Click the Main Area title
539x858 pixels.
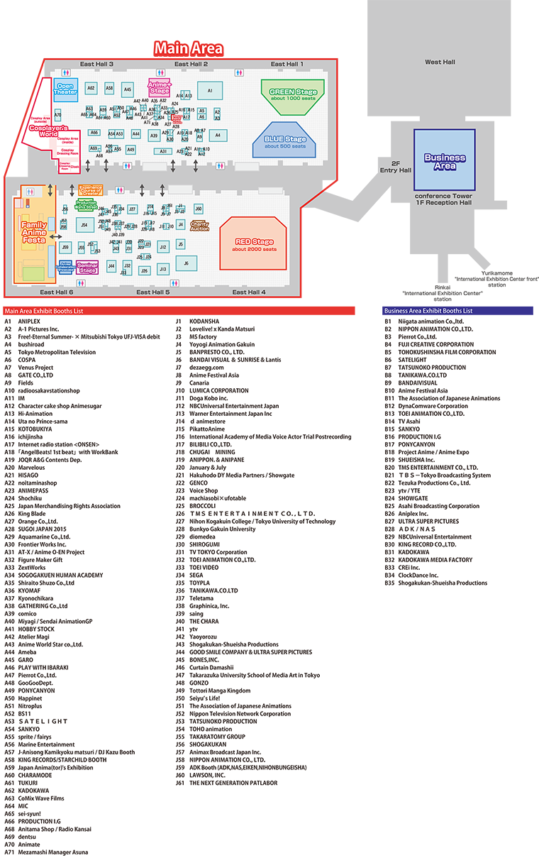[x=189, y=48]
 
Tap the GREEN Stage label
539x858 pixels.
[x=293, y=92]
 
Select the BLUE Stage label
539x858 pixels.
[x=285, y=140]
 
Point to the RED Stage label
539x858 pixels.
[x=254, y=243]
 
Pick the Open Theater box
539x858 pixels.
[x=66, y=89]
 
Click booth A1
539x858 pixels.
[x=210, y=91]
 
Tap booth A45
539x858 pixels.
[x=127, y=89]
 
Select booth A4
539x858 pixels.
[x=217, y=135]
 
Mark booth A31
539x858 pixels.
[x=163, y=151]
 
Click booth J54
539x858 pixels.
[x=84, y=225]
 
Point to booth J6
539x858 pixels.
[x=186, y=263]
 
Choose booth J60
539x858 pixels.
[x=199, y=209]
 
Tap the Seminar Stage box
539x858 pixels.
[x=87, y=268]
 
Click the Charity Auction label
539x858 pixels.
[x=199, y=226]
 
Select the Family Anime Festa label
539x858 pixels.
[x=34, y=233]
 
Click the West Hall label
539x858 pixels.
[x=440, y=62]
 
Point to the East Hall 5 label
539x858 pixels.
[x=153, y=292]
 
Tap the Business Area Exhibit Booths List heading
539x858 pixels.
[x=428, y=311]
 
